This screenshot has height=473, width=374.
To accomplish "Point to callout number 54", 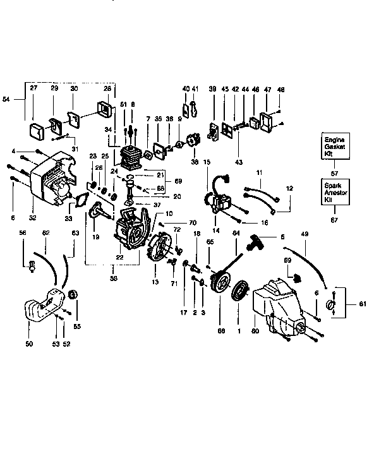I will click(6, 99).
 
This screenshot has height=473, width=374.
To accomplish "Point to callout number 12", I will click(290, 188).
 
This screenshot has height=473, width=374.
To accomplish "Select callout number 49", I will click(305, 234).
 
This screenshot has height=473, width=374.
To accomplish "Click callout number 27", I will click(33, 88).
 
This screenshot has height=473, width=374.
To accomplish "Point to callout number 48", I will click(282, 89).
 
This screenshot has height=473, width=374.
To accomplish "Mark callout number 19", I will click(95, 237).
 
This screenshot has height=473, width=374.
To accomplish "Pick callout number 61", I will click(362, 304).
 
